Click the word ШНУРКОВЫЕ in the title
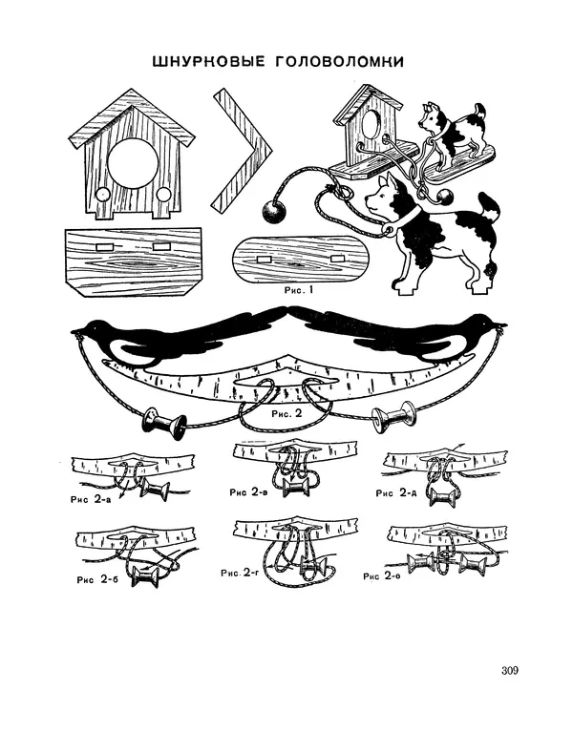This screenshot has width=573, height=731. coord(208,61)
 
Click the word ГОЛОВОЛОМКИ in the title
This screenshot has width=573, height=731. coord(339,61)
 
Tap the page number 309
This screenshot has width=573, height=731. coord(510,671)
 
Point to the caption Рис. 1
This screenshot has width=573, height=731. coord(299,290)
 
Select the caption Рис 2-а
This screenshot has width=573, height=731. coord(91,499)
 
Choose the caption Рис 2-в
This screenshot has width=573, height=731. coord(248,491)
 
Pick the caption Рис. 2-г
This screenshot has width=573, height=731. coord(240,573)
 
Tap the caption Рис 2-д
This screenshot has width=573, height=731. coord(396,492)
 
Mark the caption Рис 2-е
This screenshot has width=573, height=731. coord(382,576)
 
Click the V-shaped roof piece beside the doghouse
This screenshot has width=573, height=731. coord(242,149)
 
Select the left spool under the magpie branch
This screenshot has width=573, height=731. coord(163,423)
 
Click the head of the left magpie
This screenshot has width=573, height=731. coord(93,329)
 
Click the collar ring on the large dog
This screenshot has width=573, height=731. coord(387,229)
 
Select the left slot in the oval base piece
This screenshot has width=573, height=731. coord(265,259)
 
